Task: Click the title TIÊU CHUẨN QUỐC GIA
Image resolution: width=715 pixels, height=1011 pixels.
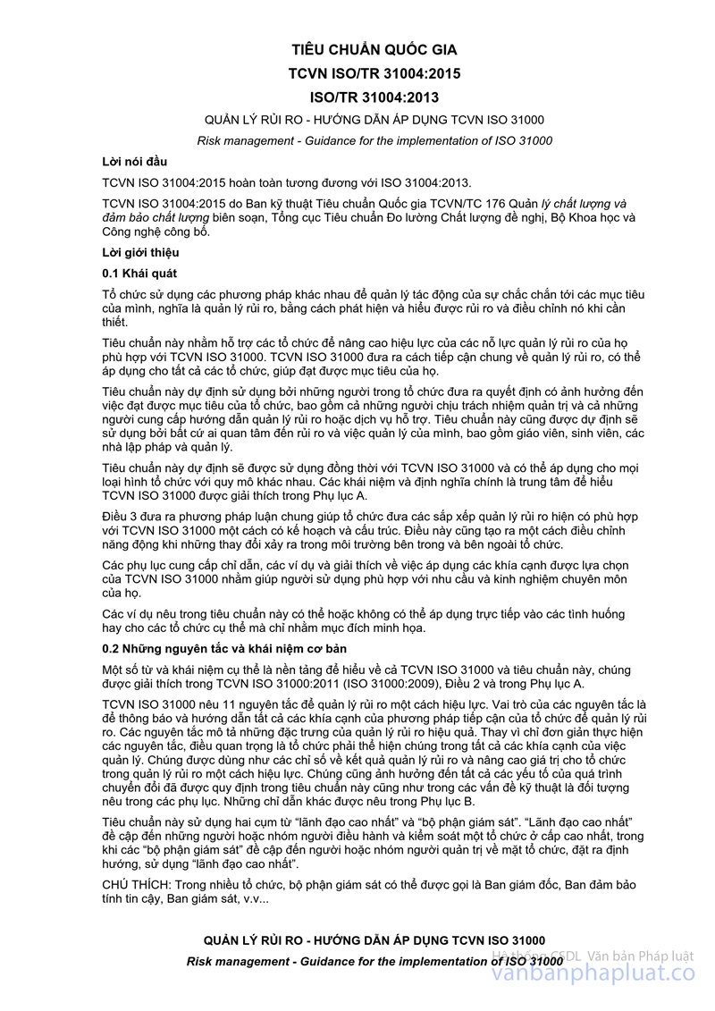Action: pos(374,50)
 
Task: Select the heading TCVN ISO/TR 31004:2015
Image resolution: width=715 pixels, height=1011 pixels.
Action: pos(374,74)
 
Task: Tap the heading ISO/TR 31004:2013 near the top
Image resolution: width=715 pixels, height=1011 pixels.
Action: pos(374,97)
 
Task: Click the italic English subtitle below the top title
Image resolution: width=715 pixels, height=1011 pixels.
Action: pos(374,140)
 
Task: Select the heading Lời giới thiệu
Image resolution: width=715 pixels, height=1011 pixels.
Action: pos(140,252)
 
